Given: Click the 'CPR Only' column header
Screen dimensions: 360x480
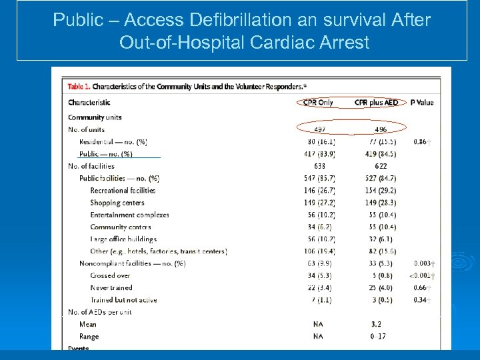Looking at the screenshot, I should [318, 103].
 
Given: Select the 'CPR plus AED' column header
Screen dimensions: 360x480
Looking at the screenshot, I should [376, 103].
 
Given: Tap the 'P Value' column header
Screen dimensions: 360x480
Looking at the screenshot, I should [421, 103].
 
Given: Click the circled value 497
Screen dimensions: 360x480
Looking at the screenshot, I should [319, 129].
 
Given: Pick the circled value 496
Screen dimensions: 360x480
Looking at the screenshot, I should [380, 129].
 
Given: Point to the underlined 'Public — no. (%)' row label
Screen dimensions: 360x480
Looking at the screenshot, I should [106, 154].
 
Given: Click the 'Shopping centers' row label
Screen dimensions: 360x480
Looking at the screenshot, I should [117, 203].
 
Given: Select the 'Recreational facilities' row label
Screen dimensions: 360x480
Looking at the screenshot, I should [123, 191].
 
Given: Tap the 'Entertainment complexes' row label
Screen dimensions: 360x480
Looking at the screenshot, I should [129, 215].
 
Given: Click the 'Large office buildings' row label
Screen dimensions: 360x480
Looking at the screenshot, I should [123, 239].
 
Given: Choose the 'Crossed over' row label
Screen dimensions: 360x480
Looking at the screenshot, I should [110, 275].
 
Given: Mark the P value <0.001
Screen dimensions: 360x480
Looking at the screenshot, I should [423, 275].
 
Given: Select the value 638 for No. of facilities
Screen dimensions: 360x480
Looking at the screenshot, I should [319, 166].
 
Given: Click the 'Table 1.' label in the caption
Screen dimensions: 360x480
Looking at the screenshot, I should [78, 87].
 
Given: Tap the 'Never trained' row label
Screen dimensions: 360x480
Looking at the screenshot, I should [111, 288].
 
